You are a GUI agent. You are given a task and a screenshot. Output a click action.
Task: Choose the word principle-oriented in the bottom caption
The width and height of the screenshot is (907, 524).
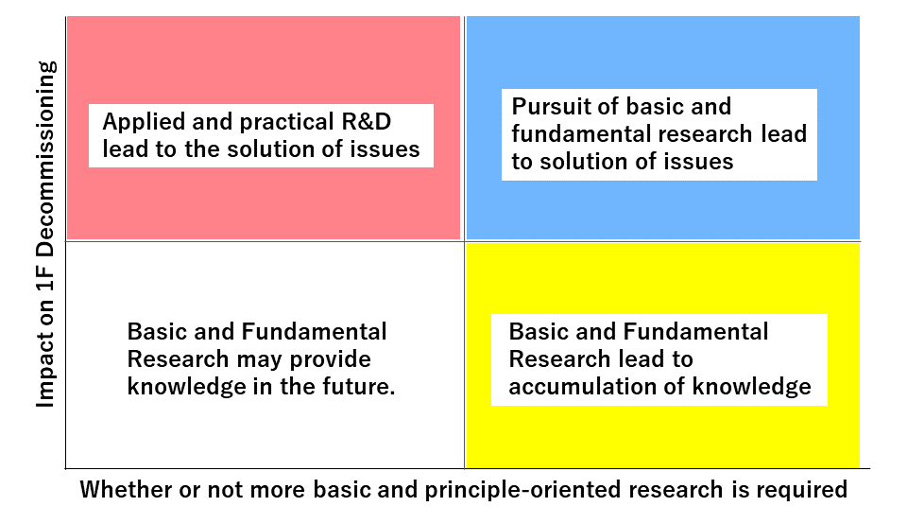[x=522, y=490]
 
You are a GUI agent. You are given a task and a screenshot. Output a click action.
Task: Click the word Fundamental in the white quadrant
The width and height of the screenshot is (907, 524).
[x=314, y=332]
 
